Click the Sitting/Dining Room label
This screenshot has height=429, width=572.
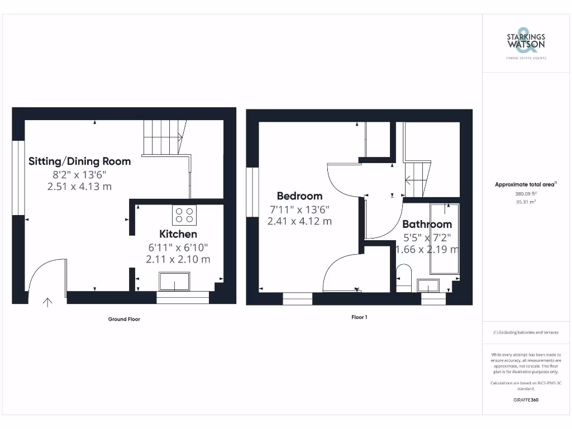pos(80,161)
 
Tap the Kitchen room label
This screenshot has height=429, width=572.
pos(178,234)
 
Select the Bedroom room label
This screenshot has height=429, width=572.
pos(299,196)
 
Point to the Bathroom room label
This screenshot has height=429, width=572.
pos(427,225)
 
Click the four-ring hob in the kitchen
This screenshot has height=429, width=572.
pos(184,215)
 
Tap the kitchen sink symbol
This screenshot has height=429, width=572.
pos(174,281)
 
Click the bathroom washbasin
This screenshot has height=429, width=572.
pos(428,285)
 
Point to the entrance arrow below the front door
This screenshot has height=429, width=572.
pos(47,303)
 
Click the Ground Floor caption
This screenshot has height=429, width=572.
pos(124,320)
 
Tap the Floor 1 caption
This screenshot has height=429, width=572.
pos(359,317)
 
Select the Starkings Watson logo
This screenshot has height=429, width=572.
pos(526,41)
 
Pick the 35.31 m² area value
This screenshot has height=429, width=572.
pos(525,203)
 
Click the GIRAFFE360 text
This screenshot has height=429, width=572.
pos(525,400)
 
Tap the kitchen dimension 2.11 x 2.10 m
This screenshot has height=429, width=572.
pos(178,259)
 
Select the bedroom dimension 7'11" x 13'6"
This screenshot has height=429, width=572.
pos(299,209)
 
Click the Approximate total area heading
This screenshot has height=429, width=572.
pos(526,184)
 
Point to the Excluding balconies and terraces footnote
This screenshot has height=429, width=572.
pos(525,332)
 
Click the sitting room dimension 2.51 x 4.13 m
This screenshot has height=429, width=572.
pos(80,186)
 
